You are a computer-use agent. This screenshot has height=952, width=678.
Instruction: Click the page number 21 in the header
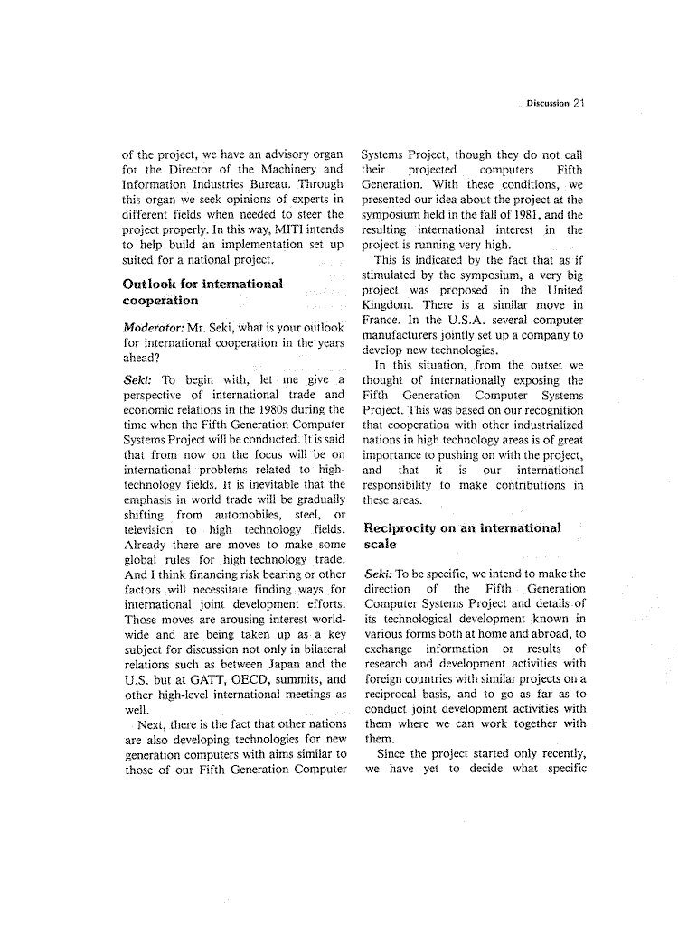tap(579, 103)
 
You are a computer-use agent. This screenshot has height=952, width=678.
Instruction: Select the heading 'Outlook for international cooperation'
tap(202, 292)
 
